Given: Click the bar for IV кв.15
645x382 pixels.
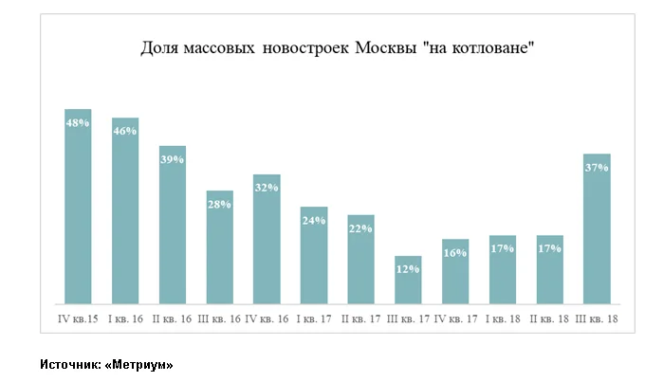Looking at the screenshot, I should coord(78,207).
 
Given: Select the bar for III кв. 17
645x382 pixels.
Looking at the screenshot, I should coord(408,281).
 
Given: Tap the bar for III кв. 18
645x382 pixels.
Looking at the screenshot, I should coord(597,229).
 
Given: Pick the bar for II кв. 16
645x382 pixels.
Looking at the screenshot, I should coord(172,226).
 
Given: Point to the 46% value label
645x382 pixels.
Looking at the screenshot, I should coord(125,132).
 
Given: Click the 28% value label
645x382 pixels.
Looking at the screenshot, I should coord(219,205).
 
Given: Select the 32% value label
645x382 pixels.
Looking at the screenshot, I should coord(267,188).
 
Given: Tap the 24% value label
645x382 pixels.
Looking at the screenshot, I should coord(314,221).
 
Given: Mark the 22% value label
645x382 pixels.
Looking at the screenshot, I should coord(360,228).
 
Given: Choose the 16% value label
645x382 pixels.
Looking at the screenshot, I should coord(455,253).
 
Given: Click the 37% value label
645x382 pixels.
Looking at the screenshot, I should coord(597,168).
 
